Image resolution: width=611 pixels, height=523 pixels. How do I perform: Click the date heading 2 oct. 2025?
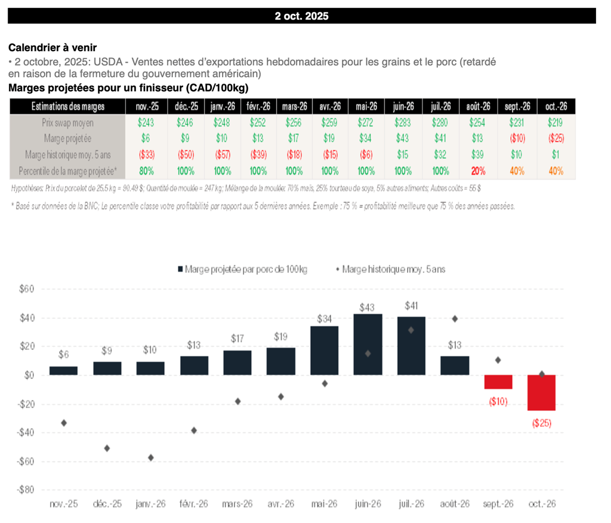click(x=301, y=16)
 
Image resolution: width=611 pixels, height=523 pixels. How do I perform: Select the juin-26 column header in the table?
click(x=403, y=106)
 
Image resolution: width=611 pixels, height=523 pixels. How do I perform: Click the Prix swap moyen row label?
click(x=68, y=123)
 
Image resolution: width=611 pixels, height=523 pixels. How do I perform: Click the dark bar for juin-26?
click(x=368, y=344)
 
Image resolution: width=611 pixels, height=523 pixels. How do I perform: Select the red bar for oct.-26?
click(x=541, y=393)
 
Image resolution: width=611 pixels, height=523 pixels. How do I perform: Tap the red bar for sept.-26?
click(x=498, y=382)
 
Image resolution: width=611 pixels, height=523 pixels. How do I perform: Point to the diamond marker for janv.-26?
click(x=151, y=457)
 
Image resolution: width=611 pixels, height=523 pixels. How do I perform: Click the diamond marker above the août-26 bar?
click(x=455, y=319)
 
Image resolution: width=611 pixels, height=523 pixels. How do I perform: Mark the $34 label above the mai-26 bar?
click(x=324, y=319)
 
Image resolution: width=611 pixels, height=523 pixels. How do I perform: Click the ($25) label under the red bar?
click(x=541, y=423)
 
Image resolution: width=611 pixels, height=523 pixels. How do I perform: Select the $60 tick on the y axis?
click(x=26, y=289)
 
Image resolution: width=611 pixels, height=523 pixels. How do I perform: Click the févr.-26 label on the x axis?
click(x=194, y=504)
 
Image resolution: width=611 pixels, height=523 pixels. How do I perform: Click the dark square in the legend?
click(x=180, y=269)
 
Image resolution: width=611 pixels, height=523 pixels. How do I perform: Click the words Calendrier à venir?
click(x=53, y=48)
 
